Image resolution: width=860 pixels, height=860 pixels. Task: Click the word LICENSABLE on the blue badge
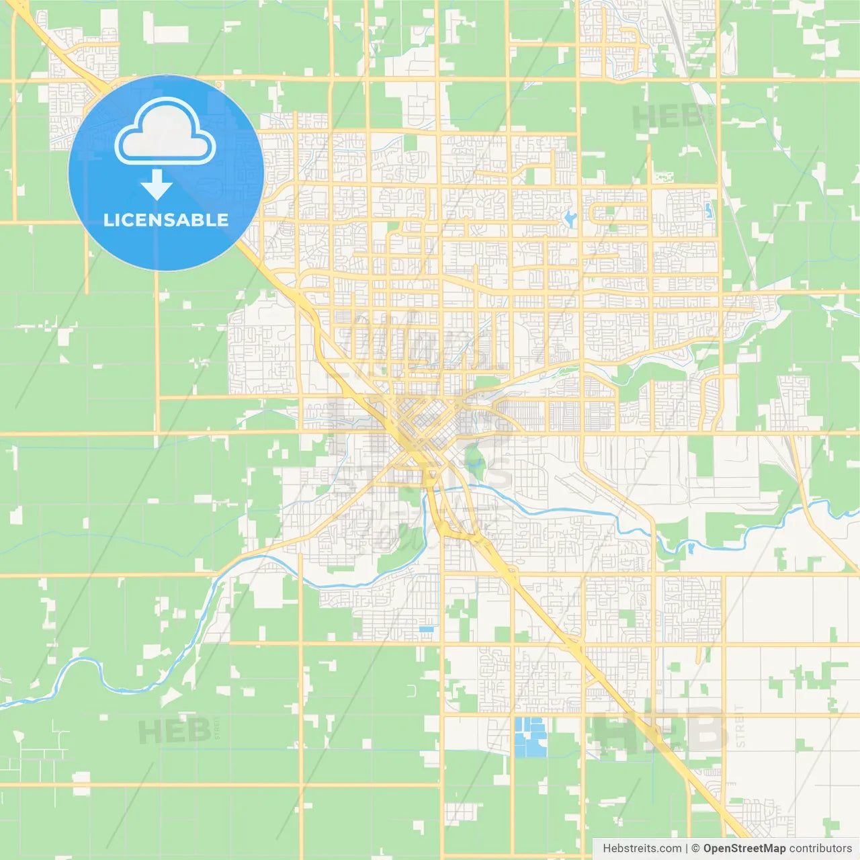[166, 220]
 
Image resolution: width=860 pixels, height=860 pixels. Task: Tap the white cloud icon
[165, 132]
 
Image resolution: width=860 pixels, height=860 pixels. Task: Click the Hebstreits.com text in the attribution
[642, 849]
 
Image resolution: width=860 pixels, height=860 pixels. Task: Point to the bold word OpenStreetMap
[744, 849]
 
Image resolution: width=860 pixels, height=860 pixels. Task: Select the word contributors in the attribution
[821, 849]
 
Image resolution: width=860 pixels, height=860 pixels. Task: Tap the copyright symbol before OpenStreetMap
[696, 849]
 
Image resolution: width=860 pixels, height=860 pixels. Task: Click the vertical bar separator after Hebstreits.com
[687, 849]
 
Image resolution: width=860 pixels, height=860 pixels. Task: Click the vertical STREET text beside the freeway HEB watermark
[740, 727]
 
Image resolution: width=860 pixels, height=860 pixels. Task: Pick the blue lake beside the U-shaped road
[570, 218]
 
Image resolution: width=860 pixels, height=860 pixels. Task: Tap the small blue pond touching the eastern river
[690, 548]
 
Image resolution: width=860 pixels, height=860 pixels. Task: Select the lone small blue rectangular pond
[426, 629]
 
